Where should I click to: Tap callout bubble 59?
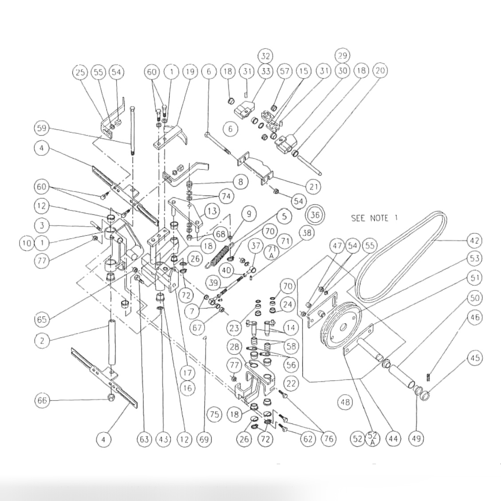pyautogui.click(x=42, y=128)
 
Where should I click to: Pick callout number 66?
pyautogui.click(x=42, y=400)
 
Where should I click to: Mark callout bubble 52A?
pyautogui.click(x=372, y=438)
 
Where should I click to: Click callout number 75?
pyautogui.click(x=215, y=415)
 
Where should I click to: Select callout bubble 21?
pyautogui.click(x=313, y=187)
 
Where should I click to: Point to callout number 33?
pyautogui.click(x=266, y=71)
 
